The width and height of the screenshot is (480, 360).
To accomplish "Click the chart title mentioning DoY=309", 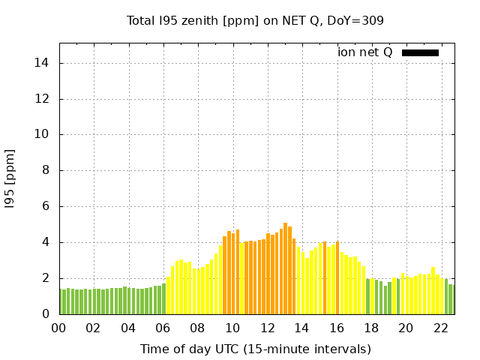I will click(x=255, y=20).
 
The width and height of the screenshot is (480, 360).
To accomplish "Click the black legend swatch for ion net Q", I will click(x=420, y=52).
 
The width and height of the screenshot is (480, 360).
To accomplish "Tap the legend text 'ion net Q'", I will click(x=365, y=52).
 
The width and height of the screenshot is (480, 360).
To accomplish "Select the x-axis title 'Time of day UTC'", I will click(x=255, y=349).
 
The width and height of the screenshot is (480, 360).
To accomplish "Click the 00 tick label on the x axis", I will click(x=59, y=328).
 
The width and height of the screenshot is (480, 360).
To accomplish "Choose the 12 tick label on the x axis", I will click(x=268, y=328).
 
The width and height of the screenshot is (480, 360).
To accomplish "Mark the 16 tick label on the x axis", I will click(x=337, y=328).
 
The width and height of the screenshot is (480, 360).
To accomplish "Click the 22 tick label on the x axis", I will click(x=441, y=328).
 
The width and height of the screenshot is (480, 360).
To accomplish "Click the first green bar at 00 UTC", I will click(x=60, y=302).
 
